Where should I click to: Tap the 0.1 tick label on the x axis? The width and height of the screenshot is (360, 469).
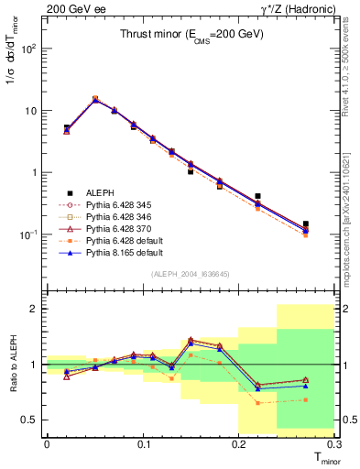click(x=143, y=442)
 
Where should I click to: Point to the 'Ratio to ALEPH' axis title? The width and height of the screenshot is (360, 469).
click(x=10, y=365)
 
